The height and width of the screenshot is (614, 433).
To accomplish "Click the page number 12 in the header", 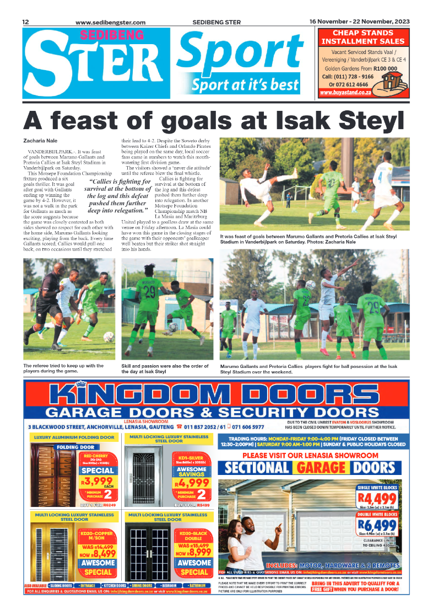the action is (x=25, y=22).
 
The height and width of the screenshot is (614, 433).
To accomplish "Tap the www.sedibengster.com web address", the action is (x=110, y=23).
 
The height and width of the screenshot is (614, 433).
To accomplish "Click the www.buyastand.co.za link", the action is (x=347, y=93).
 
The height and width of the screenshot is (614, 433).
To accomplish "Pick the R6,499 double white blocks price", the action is (x=377, y=525).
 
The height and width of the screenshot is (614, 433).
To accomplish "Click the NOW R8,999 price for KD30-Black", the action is (x=192, y=552).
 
